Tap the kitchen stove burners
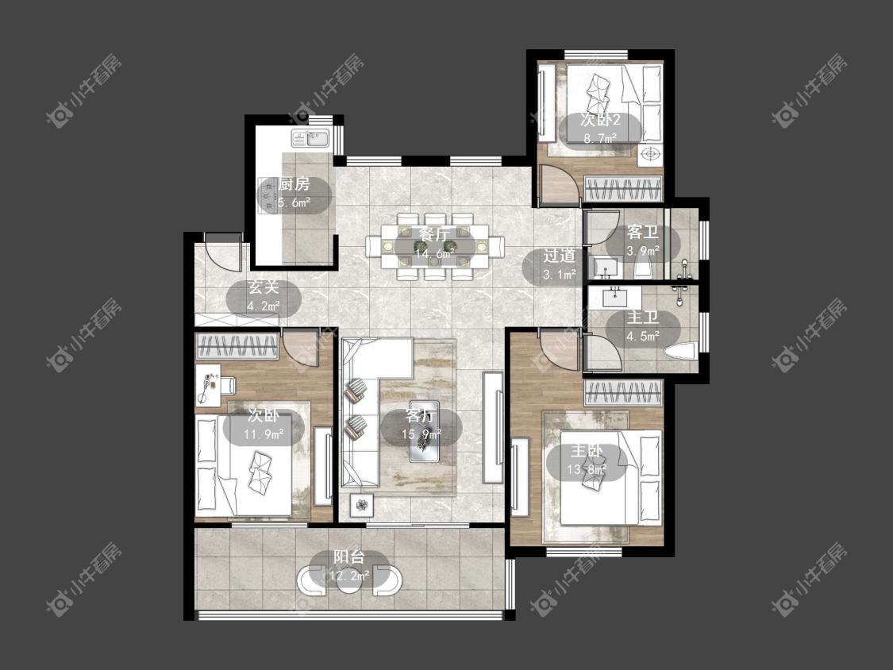266,194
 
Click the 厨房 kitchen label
294,185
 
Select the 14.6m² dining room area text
434,253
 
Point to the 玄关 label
263,287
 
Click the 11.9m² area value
264,435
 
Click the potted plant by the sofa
362,505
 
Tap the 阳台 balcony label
348,557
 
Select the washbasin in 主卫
614,297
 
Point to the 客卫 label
642,233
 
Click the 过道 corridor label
559,256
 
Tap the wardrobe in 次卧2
624,189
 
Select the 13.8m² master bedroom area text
587,469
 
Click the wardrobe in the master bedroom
624,392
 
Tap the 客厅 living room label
421,416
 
